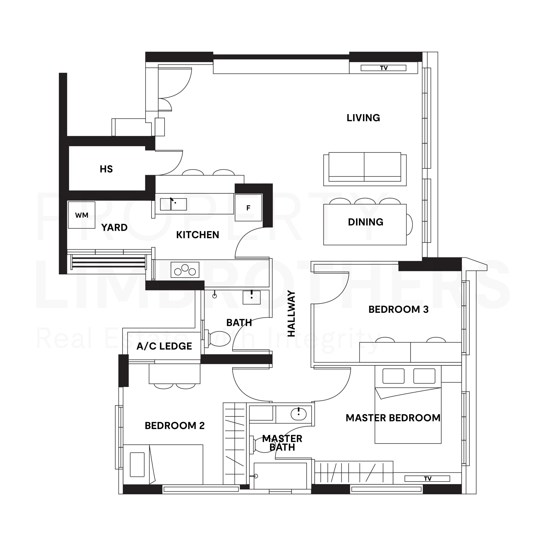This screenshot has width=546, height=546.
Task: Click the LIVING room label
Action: click(363, 118)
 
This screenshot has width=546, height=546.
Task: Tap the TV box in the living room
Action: click(383, 68)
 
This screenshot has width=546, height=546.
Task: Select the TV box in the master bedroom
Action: click(427, 478)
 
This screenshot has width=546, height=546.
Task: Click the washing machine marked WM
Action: click(82, 215)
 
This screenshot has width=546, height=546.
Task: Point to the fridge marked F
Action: click(248, 208)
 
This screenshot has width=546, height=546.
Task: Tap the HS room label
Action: click(106, 169)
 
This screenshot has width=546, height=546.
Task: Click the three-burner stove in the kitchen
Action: click(185, 270)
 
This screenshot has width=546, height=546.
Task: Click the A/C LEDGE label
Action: click(164, 346)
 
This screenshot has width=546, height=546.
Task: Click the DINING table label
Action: click(366, 222)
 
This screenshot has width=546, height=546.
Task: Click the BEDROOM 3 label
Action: click(398, 309)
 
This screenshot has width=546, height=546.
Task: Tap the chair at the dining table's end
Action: click(409, 225)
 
